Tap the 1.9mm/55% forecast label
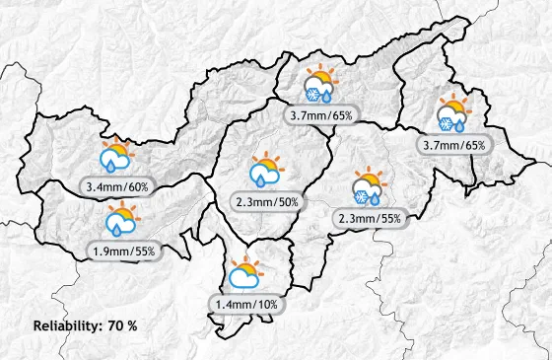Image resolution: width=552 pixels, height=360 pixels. pyautogui.click(x=123, y=252)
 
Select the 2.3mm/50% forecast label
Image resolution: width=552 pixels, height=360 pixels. pyautogui.click(x=267, y=202)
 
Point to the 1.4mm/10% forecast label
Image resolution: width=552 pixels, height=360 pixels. pyautogui.click(x=244, y=304)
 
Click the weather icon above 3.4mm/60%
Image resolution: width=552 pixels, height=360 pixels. pyautogui.click(x=116, y=158)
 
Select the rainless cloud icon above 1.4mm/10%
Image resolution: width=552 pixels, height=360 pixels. pyautogui.click(x=243, y=274)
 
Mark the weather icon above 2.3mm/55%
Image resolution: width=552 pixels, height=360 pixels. pyautogui.click(x=369, y=187)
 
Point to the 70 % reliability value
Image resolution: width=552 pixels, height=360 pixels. pyautogui.click(x=123, y=325)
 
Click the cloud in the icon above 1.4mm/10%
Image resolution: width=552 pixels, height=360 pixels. pyautogui.click(x=242, y=279)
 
